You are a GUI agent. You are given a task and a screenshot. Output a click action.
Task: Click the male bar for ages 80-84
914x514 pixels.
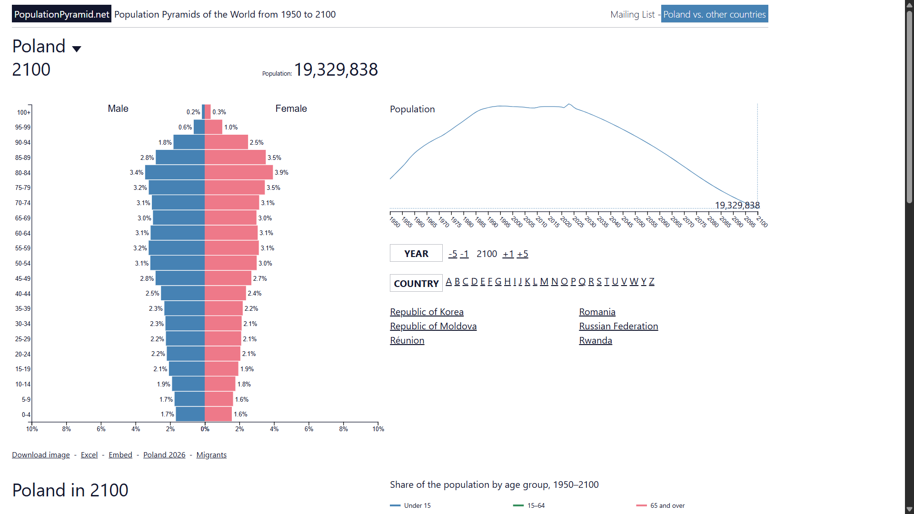click(175, 172)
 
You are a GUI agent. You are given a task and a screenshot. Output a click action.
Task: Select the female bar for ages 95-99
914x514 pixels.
click(213, 127)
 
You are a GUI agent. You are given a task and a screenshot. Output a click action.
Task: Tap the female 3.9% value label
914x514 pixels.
click(281, 172)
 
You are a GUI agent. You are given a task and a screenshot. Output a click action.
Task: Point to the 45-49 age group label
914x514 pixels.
click(23, 278)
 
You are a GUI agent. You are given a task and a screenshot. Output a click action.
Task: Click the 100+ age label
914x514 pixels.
click(24, 112)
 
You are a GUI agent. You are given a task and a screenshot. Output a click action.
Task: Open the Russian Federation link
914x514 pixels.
click(618, 326)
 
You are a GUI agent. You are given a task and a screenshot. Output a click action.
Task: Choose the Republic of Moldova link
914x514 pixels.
click(433, 326)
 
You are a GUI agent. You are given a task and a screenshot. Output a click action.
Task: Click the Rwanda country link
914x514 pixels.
click(596, 340)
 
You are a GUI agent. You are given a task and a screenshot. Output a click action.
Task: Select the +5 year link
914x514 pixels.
click(523, 254)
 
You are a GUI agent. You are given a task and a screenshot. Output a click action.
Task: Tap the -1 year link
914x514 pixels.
click(464, 254)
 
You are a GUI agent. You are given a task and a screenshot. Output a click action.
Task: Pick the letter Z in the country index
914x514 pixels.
click(652, 281)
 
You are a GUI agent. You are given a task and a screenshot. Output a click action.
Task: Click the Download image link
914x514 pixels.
click(41, 455)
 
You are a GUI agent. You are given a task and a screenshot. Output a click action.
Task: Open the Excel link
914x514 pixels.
click(89, 455)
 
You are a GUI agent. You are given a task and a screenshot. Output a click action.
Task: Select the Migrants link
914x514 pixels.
click(211, 455)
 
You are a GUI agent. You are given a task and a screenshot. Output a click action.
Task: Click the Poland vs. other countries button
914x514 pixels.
click(715, 14)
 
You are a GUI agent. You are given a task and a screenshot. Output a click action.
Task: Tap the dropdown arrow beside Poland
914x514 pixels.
click(77, 49)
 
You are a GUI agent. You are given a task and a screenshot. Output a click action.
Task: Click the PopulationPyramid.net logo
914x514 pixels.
click(61, 14)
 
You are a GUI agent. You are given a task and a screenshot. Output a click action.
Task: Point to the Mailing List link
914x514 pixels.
click(633, 14)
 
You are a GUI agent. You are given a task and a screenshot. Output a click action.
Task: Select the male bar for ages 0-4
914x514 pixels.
click(190, 414)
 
